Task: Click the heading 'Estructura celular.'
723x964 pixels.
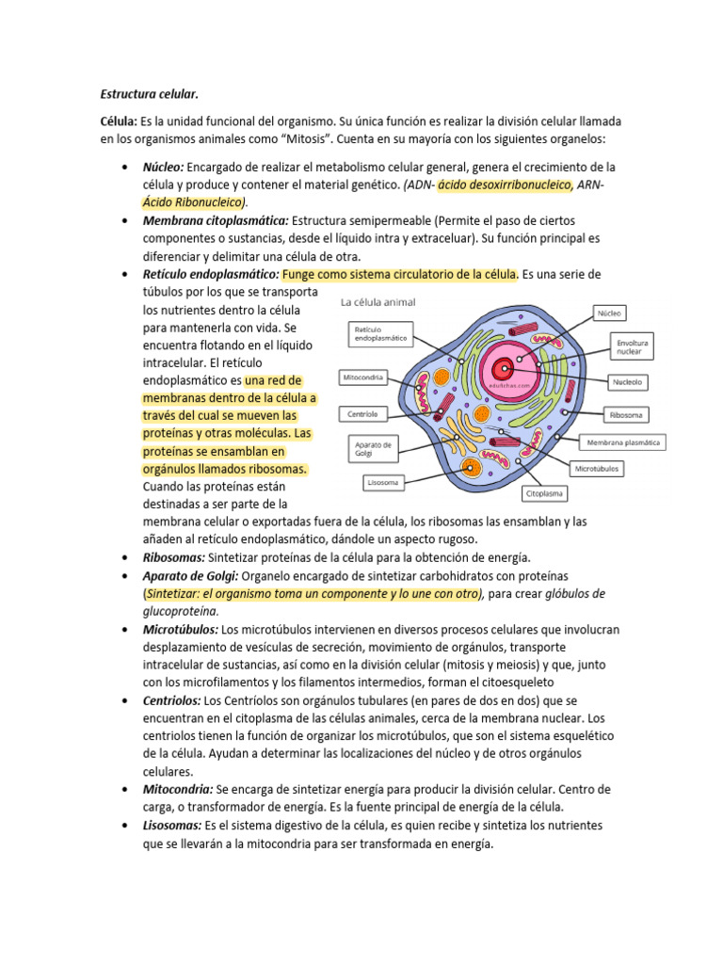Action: coord(151,94)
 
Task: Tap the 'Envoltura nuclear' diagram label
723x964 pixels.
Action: coord(632,346)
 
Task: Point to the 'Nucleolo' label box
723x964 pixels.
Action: coord(627,383)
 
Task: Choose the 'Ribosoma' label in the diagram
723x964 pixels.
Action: coord(626,413)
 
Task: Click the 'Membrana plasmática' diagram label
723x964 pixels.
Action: coord(623,441)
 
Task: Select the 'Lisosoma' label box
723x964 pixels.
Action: coord(383,483)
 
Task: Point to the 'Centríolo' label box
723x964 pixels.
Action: coord(362,413)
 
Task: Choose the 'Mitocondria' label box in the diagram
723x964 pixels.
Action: coord(363,377)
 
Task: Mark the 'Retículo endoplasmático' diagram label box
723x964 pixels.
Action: coord(379,334)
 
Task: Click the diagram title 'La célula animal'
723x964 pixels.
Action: coord(378,302)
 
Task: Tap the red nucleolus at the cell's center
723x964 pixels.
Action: coord(506,370)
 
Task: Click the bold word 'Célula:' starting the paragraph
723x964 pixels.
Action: coord(120,123)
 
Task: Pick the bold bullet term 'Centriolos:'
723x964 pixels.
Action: coord(172,700)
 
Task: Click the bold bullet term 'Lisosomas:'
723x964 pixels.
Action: coord(172,825)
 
